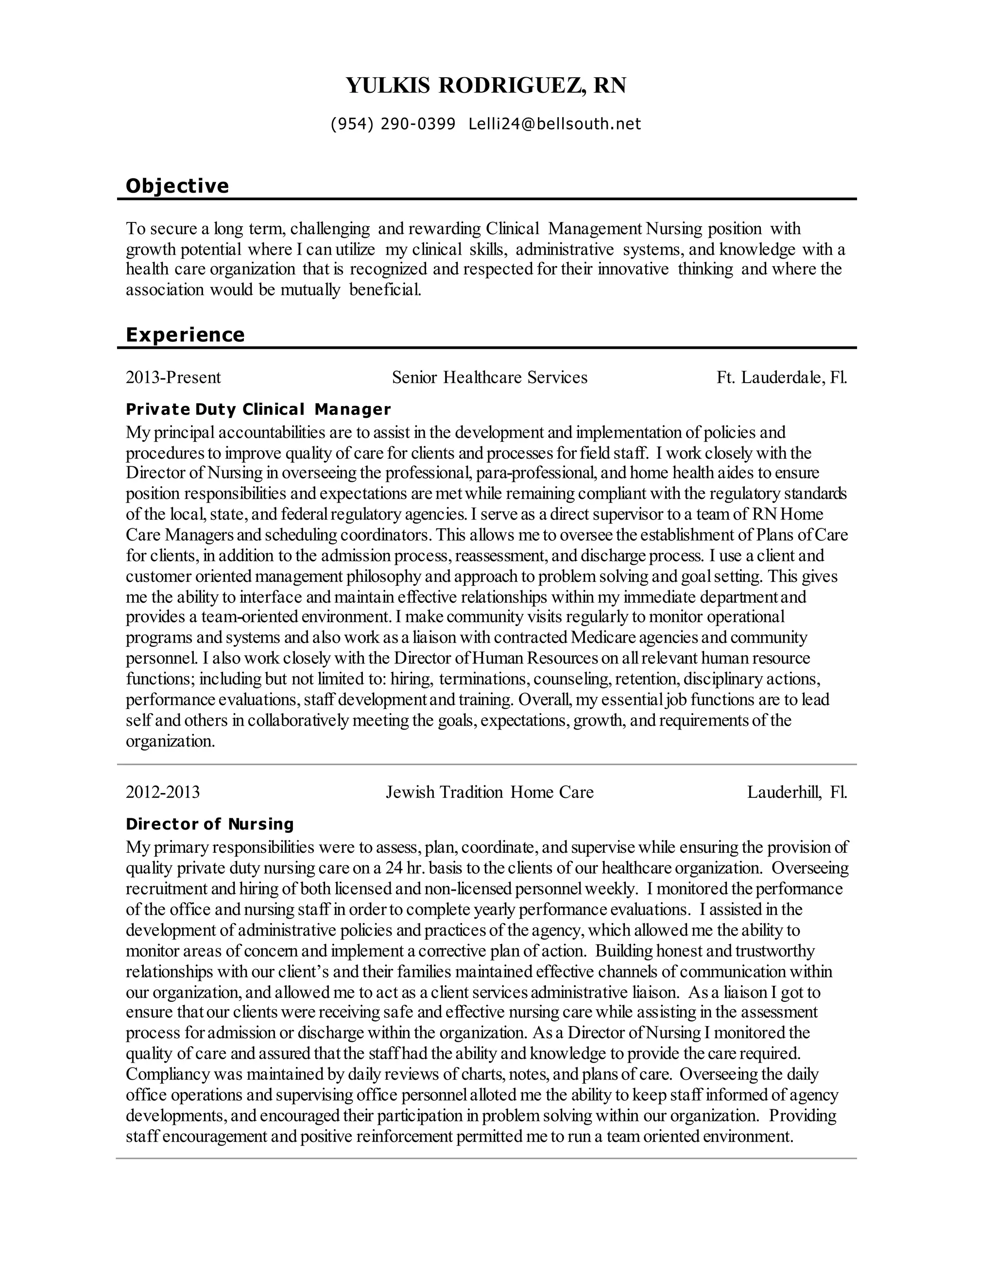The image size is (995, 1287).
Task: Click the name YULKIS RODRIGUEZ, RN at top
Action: pyautogui.click(x=486, y=85)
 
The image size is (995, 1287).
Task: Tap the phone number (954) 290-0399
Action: pyautogui.click(x=393, y=124)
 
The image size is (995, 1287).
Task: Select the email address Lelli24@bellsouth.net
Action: pyautogui.click(x=554, y=124)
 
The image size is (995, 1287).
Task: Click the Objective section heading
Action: pyautogui.click(x=177, y=186)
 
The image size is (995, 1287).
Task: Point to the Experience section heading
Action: pyautogui.click(x=185, y=335)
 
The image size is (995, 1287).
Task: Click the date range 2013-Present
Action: pyautogui.click(x=173, y=377)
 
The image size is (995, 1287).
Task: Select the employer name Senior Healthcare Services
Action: pyautogui.click(x=489, y=377)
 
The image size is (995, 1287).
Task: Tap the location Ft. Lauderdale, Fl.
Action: pyautogui.click(x=782, y=377)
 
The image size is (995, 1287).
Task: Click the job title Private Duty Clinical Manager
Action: pyautogui.click(x=258, y=409)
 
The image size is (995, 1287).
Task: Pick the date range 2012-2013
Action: pyautogui.click(x=163, y=792)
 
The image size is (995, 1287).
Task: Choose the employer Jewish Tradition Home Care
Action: pyautogui.click(x=489, y=792)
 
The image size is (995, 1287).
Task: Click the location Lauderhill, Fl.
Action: pyautogui.click(x=797, y=792)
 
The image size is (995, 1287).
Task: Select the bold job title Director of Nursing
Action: pyautogui.click(x=209, y=824)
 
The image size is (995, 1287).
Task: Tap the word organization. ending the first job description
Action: pyautogui.click(x=171, y=741)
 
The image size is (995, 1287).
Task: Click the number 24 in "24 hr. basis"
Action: pyautogui.click(x=394, y=868)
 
